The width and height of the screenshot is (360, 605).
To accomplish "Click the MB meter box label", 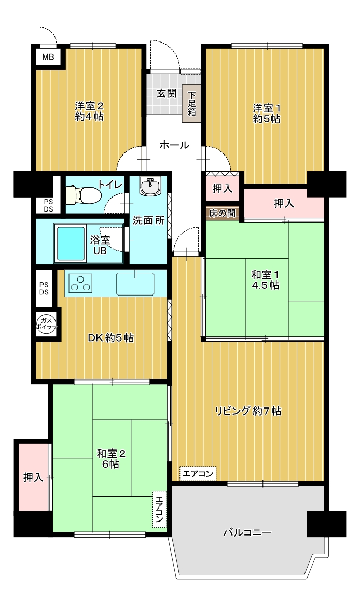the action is tap(48, 58).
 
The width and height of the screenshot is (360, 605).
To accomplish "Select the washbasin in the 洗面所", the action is tap(150, 187).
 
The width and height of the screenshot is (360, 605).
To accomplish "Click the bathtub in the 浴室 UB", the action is tap(71, 244).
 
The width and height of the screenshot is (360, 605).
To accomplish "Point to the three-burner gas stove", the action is tap(81, 283).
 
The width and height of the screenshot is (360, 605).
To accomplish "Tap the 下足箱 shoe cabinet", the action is tap(191, 103).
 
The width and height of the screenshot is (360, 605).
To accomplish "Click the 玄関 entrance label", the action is tap(167, 93).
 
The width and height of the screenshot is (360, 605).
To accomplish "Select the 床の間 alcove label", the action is tap(223, 213).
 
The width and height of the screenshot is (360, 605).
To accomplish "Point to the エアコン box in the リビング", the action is tap(198, 473).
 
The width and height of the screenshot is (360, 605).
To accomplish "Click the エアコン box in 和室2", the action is tap(160, 509).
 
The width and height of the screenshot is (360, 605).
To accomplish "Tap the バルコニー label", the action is tap(247, 533).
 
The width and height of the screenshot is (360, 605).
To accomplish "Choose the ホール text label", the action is tap(174, 145).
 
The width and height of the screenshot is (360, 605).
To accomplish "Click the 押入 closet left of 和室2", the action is tap(33, 477).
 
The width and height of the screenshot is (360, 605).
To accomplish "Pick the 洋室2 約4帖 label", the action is tap(89, 111).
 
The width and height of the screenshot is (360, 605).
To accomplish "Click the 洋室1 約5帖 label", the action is tap(267, 114).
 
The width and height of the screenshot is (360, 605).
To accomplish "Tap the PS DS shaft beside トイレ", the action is tap(48, 206).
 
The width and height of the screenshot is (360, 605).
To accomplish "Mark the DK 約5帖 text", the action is tap(111, 338).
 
